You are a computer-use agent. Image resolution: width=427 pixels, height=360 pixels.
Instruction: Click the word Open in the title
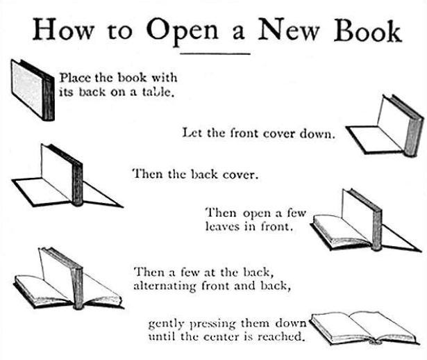[x=183, y=32]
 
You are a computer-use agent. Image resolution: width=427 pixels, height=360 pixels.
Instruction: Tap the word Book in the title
[x=367, y=30]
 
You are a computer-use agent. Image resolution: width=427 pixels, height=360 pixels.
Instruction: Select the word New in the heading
[x=288, y=30]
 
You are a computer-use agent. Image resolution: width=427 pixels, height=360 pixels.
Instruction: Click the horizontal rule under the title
[x=215, y=54]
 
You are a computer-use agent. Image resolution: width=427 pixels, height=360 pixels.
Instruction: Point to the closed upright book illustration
[x=33, y=90]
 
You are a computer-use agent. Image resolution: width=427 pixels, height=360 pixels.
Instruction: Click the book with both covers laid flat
[x=67, y=176]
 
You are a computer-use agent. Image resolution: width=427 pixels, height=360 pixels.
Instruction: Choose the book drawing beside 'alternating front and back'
[x=68, y=279]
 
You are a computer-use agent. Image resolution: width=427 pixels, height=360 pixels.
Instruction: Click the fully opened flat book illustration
[x=364, y=329]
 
